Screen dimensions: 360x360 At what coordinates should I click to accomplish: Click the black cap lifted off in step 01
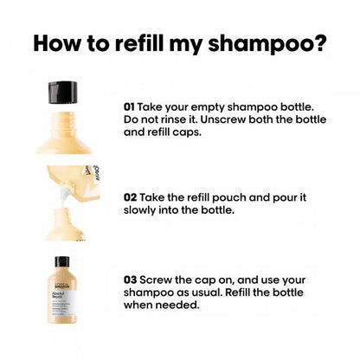pos(63,90)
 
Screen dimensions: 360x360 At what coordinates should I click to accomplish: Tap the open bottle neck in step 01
pos(62,116)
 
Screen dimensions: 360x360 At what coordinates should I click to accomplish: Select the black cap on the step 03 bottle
pos(63,261)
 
